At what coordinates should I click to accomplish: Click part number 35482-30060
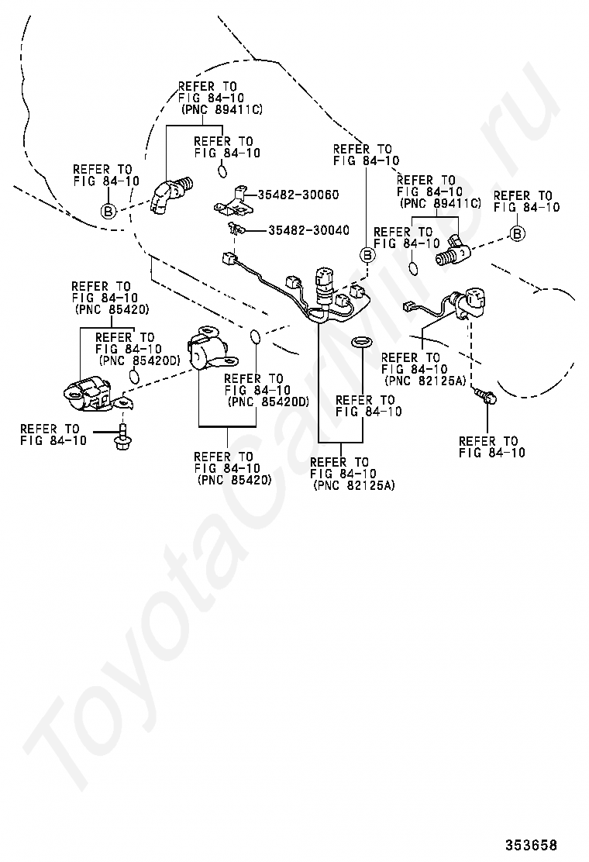[298, 195]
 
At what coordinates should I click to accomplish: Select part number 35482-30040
[308, 230]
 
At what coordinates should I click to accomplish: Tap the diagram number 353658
[532, 844]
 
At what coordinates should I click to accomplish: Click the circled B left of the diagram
[108, 211]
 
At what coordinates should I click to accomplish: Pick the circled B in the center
[367, 255]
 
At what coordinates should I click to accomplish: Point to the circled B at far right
[517, 233]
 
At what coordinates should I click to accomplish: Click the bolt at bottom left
[122, 437]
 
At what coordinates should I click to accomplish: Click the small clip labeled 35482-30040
[235, 229]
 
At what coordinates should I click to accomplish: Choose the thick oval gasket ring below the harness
[360, 343]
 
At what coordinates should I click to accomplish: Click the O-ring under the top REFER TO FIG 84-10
[222, 171]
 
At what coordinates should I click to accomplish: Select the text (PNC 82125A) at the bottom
[353, 485]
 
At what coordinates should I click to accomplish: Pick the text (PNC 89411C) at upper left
[222, 109]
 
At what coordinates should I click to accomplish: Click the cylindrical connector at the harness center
[325, 284]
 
